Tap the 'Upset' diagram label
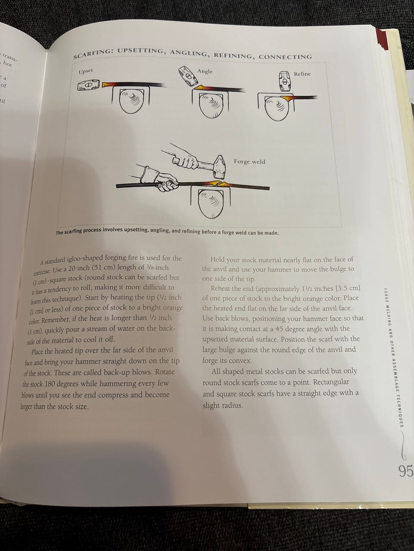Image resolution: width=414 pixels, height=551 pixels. [86, 71]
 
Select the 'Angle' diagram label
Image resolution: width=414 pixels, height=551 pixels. [205, 71]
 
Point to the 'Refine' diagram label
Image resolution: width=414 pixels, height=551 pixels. [302, 74]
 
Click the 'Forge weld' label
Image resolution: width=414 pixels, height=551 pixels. [249, 161]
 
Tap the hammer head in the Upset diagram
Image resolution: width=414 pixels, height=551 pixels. [88, 85]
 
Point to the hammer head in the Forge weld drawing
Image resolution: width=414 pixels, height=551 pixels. [219, 167]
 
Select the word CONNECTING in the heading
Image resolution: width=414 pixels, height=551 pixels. [285, 57]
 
